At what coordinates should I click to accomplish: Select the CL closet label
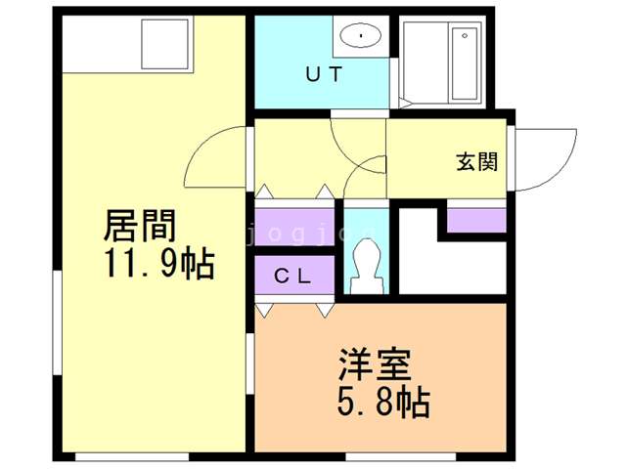(292, 277)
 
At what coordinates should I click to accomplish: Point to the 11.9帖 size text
(156, 264)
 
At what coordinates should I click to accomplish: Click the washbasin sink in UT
(363, 37)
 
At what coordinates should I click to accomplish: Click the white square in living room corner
(168, 42)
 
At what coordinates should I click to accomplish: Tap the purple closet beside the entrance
(476, 218)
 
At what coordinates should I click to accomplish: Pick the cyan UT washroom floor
(293, 93)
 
